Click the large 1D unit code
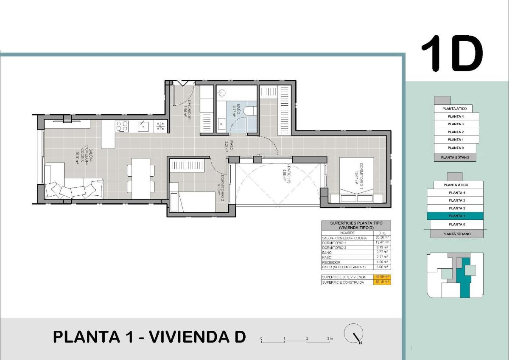tap(452, 53)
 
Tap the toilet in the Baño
tap(251, 110)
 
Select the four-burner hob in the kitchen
tap(122, 126)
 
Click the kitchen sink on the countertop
tap(143, 126)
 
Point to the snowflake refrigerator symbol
tap(161, 126)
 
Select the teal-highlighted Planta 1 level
tap(455, 216)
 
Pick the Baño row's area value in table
tap(382, 252)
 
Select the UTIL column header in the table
tap(382, 233)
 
